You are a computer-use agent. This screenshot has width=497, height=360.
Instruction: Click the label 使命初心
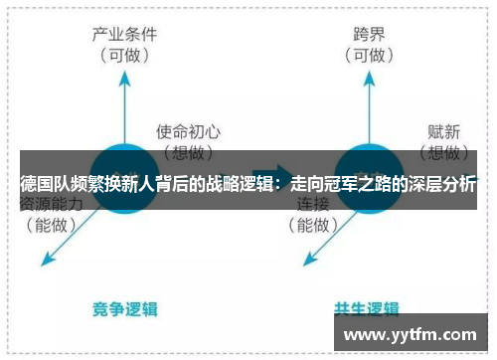[188, 130]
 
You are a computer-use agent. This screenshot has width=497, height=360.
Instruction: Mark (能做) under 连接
[313, 226]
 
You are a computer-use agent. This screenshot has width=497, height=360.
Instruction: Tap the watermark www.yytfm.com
[414, 334]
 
